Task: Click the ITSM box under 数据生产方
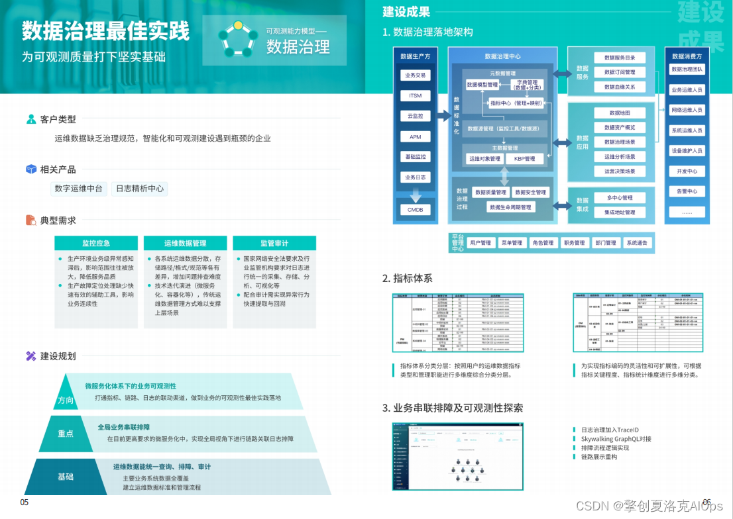415,96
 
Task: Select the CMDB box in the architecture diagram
415,210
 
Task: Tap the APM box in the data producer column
415,137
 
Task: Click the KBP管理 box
524,159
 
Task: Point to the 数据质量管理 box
490,193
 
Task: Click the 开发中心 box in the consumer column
687,171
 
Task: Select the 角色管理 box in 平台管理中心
543,243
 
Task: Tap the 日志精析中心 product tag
139,189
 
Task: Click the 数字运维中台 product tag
79,189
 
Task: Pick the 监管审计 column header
274,243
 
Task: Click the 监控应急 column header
96,243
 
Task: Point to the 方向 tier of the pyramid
66,400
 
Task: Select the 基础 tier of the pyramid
66,477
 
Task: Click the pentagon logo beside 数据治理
237,38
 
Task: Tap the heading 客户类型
58,120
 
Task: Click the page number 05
25,502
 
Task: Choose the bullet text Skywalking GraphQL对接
616,439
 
